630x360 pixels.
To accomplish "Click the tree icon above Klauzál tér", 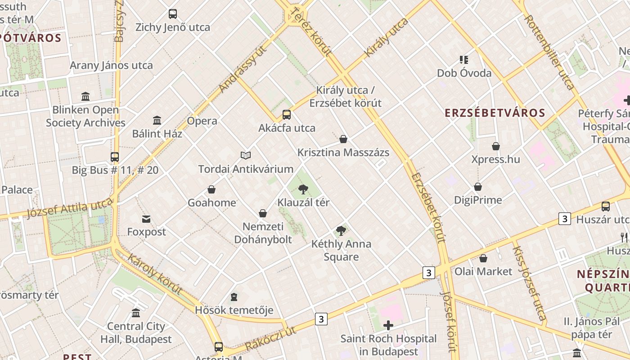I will [x=303, y=189].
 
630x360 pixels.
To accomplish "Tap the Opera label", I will [x=202, y=121].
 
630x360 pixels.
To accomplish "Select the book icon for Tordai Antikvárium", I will [x=245, y=155].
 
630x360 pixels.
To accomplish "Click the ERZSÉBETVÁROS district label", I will [x=495, y=113].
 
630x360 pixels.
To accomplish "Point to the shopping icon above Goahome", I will [x=211, y=189].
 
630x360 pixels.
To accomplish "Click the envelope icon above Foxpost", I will [x=146, y=219].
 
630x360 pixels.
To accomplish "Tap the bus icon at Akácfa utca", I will [x=287, y=115].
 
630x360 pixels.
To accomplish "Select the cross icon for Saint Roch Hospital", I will [x=388, y=325].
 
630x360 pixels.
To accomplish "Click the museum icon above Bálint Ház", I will [x=157, y=121].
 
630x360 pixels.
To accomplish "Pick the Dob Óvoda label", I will [x=464, y=73].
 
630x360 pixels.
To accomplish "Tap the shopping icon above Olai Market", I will [x=483, y=258].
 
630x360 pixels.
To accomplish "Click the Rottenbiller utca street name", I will [x=549, y=52].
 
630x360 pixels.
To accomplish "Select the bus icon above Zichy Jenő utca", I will [x=173, y=14].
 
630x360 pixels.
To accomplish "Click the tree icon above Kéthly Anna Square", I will [x=341, y=231].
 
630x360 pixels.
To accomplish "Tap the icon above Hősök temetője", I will [x=234, y=297].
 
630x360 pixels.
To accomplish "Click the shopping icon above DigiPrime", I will [x=478, y=187].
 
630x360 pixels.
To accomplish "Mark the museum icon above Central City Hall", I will [x=136, y=313].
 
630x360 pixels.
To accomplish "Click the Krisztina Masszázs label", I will [x=343, y=153].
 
